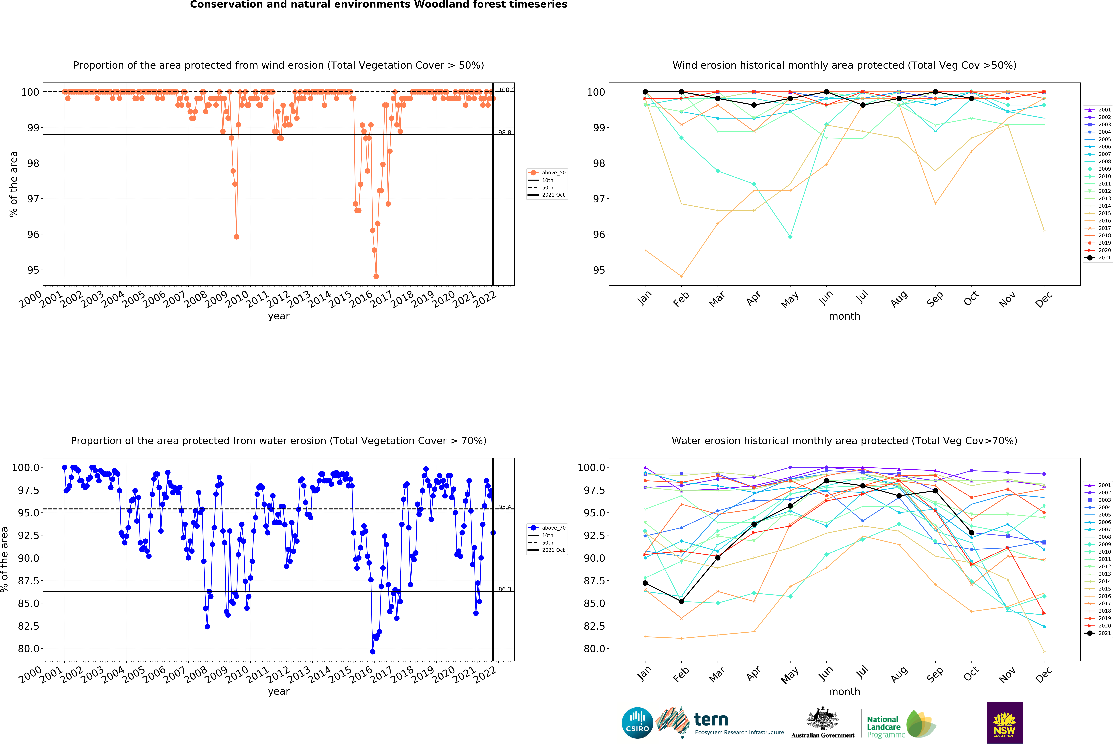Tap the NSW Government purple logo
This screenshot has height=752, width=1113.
click(x=1004, y=723)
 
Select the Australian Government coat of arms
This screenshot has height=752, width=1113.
click(x=822, y=718)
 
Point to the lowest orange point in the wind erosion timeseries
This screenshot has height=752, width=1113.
click(x=376, y=276)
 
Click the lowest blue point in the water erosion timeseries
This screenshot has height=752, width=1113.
click(x=373, y=651)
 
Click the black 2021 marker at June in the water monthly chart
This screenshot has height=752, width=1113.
click(x=827, y=481)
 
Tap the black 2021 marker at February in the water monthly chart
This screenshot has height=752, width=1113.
click(x=681, y=601)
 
